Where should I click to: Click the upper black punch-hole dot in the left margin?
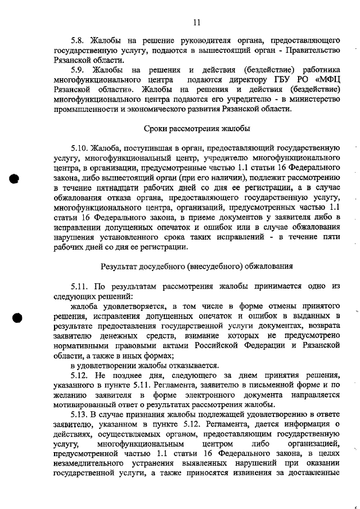point(15,178)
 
